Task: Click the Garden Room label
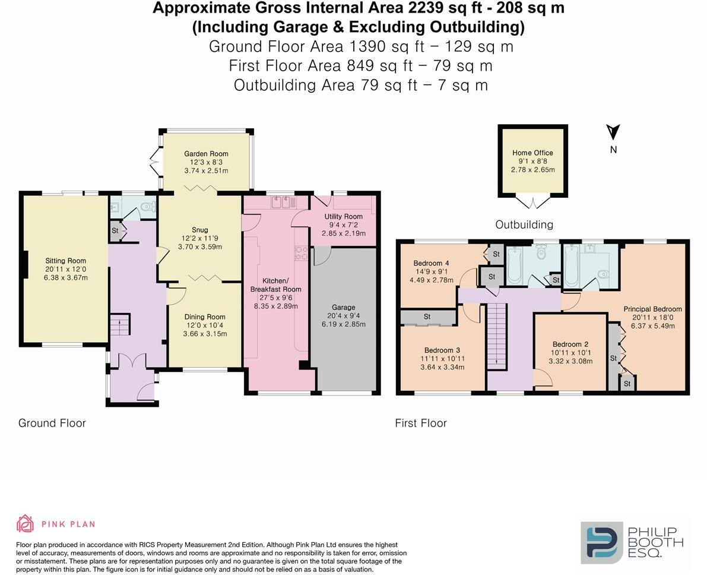pyautogui.click(x=206, y=154)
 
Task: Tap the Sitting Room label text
pyautogui.click(x=65, y=261)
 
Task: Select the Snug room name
pyautogui.click(x=200, y=230)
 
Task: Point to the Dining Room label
pyautogui.click(x=205, y=317)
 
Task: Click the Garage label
pyautogui.click(x=343, y=308)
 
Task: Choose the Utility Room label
pyautogui.click(x=343, y=217)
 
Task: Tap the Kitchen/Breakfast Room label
pyautogui.click(x=276, y=285)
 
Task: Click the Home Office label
pyautogui.click(x=532, y=153)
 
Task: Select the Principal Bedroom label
pyautogui.click(x=652, y=309)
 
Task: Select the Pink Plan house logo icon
pyautogui.click(x=25, y=523)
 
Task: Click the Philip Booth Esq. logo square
pyautogui.click(x=601, y=542)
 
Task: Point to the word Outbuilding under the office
pyautogui.click(x=524, y=225)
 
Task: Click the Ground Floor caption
pyautogui.click(x=52, y=423)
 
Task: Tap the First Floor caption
pyautogui.click(x=421, y=423)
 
